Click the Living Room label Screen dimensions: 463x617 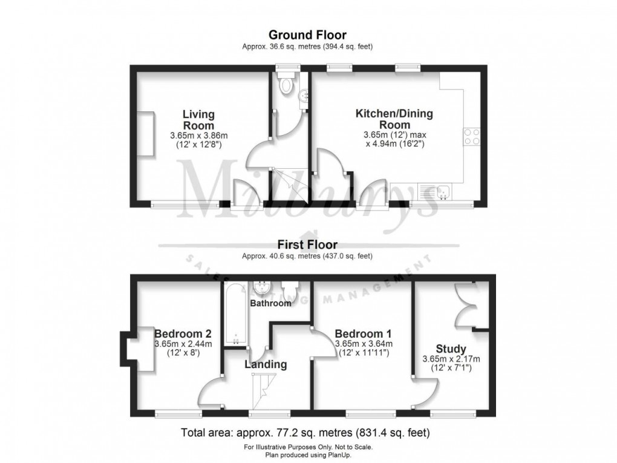[198, 119]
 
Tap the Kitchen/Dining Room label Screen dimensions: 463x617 [394, 119]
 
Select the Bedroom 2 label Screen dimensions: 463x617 [183, 333]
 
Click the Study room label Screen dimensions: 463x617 [451, 349]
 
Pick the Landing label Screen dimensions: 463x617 [265, 364]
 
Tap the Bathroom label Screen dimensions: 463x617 [272, 303]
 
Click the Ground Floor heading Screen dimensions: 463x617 [307, 34]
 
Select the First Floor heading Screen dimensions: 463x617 [307, 245]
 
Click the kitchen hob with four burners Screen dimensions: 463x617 [472, 137]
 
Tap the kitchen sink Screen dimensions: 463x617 [444, 190]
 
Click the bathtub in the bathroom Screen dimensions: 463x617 [235, 315]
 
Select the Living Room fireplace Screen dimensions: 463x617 [145, 133]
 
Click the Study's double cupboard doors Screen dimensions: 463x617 [465, 306]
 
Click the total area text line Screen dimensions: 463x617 [305, 433]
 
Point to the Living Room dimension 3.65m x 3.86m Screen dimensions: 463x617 [198, 136]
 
